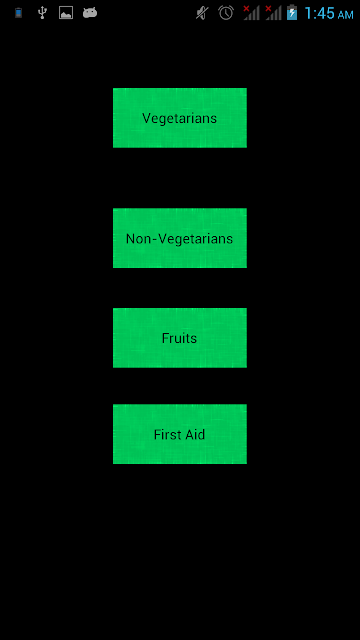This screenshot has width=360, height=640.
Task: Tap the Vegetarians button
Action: point(180,118)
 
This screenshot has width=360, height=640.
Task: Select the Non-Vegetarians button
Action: point(180,238)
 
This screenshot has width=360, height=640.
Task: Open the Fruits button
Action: point(180,338)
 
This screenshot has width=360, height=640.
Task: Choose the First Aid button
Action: point(180,434)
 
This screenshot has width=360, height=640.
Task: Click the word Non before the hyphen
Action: point(138,239)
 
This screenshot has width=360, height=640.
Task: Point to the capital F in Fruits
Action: point(165,338)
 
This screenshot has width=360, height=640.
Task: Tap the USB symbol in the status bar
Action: point(42,13)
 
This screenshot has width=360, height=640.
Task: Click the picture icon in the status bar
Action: point(66,13)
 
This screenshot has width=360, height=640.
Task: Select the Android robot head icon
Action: point(90,13)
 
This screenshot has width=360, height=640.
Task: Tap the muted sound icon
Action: point(202,13)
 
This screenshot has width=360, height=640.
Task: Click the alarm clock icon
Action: point(226,13)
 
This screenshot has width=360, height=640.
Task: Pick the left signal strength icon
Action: point(251,13)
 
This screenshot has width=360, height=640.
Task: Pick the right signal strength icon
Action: point(273,13)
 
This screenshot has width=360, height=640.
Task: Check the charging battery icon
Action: point(292,13)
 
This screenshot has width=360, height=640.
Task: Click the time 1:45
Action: point(320,13)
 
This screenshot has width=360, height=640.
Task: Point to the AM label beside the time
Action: point(345,15)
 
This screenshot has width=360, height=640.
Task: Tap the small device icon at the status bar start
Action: point(18,13)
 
